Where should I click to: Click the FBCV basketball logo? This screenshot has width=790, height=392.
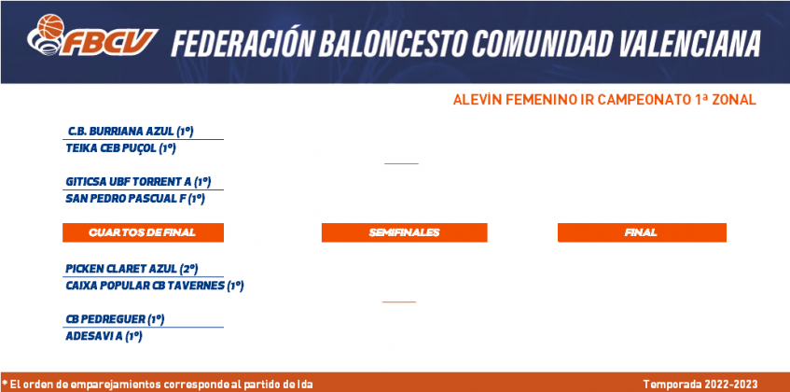coord(92,35)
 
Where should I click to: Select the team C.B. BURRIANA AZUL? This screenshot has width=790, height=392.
coord(131,132)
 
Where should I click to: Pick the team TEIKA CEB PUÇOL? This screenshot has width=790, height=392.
coord(120,148)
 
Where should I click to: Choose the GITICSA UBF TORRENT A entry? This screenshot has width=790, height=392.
coord(138,182)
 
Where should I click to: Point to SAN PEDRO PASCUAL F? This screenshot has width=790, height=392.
coord(135,199)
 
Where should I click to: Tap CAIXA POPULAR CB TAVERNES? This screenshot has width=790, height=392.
coord(155,287)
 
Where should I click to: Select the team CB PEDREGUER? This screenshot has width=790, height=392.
coord(115,319)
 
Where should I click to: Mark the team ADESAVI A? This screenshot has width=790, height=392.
coord(104,337)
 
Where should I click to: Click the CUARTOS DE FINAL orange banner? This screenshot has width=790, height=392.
coord(143,232)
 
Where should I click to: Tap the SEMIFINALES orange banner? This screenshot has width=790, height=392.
coord(405,232)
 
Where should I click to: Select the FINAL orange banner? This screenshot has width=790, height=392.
coord(642,232)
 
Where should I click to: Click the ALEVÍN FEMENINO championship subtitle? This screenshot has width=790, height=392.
coord(604,100)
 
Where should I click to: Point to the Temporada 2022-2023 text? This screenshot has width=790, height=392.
coord(700,385)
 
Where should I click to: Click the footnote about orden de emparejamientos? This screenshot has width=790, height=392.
coord(158,385)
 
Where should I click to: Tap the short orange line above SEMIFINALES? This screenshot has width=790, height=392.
coord(402,163)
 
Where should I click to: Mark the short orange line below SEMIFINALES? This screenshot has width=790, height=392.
coord(399,301)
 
